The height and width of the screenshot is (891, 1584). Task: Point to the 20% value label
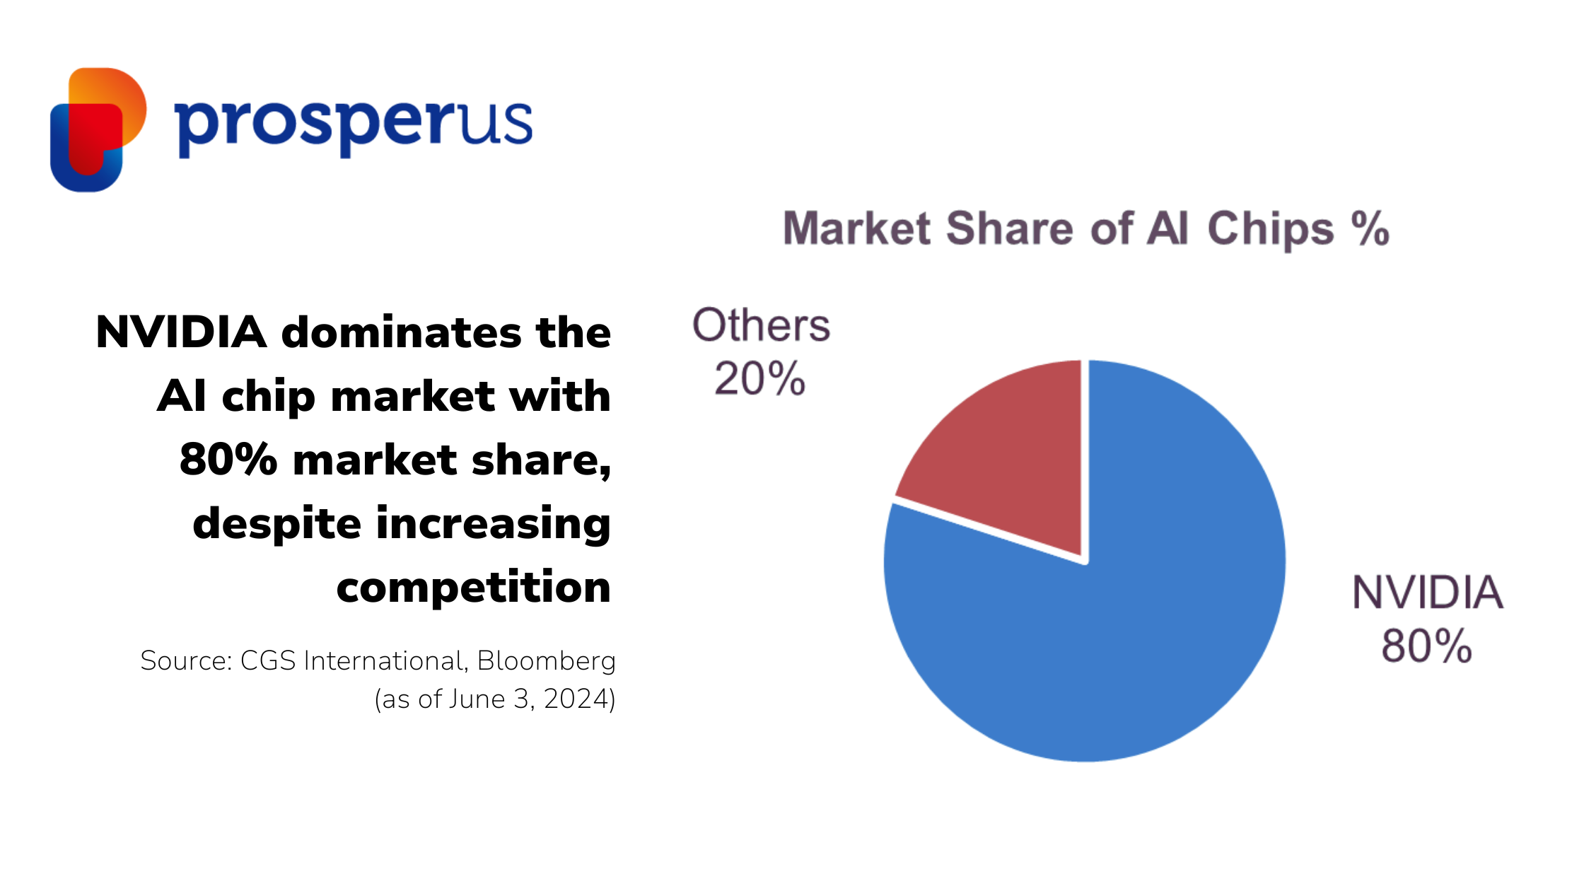pyautogui.click(x=760, y=378)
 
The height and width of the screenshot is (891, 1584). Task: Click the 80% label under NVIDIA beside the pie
pyautogui.click(x=1427, y=646)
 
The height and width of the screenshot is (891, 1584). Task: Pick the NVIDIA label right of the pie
pyautogui.click(x=1428, y=592)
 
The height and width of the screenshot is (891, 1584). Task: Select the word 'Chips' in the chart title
pyautogui.click(x=1270, y=230)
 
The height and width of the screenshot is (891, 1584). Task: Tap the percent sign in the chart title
pyautogui.click(x=1370, y=228)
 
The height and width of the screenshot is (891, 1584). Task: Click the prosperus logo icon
pyautogui.click(x=98, y=129)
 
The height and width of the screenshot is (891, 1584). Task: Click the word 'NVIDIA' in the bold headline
pyautogui.click(x=181, y=332)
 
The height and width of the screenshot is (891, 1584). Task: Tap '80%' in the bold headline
pyautogui.click(x=228, y=460)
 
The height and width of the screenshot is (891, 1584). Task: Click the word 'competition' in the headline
pyautogui.click(x=473, y=587)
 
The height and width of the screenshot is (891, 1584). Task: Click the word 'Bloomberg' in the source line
pyautogui.click(x=546, y=661)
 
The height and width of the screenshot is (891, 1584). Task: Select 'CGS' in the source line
pyautogui.click(x=268, y=660)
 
